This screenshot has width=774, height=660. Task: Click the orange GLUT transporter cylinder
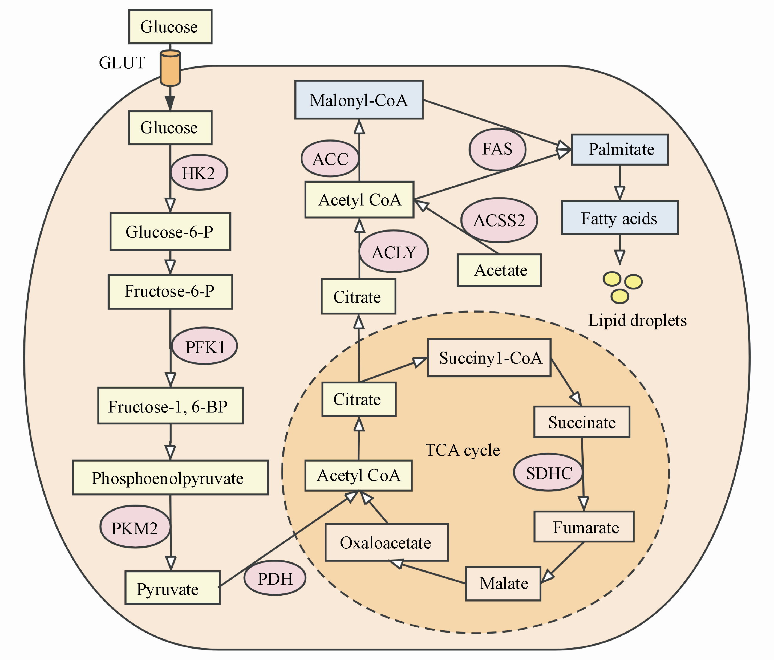tap(170, 68)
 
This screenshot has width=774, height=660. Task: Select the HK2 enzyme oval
tap(199, 173)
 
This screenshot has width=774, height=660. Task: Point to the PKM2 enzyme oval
tap(135, 528)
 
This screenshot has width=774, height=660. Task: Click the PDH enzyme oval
tap(275, 578)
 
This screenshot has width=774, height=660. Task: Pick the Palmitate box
tap(620, 150)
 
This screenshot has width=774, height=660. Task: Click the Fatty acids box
tap(619, 218)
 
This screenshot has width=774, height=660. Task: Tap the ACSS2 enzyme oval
tap(499, 220)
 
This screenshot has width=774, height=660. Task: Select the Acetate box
tap(499, 270)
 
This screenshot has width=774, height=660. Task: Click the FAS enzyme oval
tap(497, 149)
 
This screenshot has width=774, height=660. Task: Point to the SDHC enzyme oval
tap(548, 473)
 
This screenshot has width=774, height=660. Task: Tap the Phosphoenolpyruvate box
tap(170, 478)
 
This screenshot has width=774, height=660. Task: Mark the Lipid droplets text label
tap(637, 320)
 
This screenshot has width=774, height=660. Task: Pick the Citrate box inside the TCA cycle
tap(359, 399)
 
